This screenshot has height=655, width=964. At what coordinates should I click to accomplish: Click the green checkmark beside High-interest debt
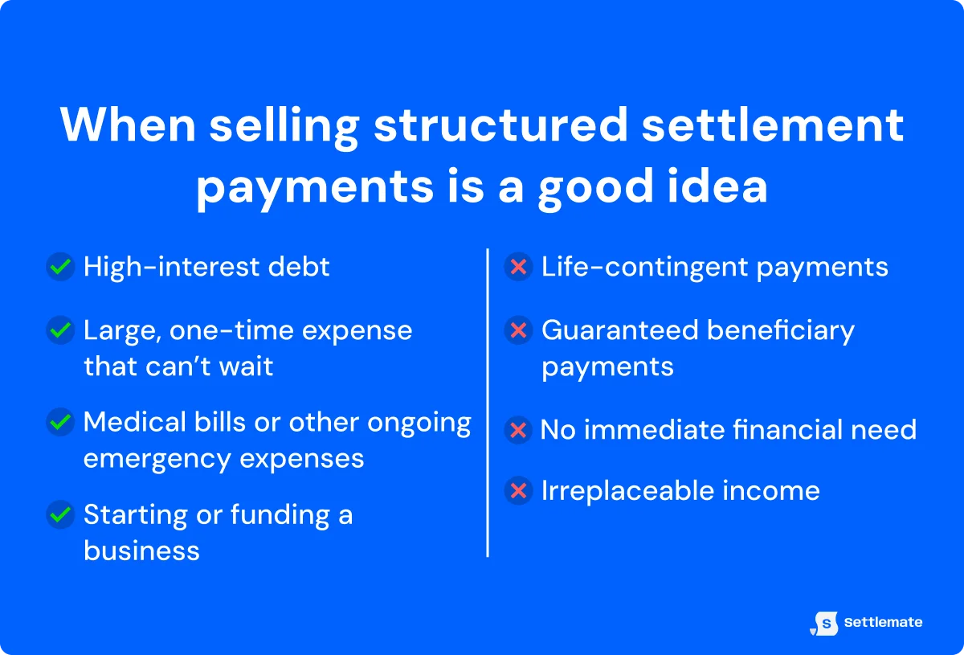pos(60,268)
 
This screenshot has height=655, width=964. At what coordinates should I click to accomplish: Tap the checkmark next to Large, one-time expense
pos(60,330)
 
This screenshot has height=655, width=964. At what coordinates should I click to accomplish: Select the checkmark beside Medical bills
pos(60,422)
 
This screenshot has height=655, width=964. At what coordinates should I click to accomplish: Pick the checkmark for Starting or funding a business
pos(60,514)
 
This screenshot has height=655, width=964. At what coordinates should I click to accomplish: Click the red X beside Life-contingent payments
pos(519,268)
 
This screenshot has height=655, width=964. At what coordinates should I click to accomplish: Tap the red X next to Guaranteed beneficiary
pos(519,330)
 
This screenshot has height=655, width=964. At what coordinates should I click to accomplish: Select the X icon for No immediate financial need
pos(519,431)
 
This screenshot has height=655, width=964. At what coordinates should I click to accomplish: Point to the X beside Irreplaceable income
pos(519,491)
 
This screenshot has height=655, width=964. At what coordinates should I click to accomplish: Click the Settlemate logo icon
pos(825,623)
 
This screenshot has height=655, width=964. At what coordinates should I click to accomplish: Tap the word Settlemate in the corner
pos(883,623)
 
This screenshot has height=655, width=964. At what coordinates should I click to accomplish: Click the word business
pos(141,551)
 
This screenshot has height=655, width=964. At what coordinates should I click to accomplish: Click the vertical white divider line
pos(488,402)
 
